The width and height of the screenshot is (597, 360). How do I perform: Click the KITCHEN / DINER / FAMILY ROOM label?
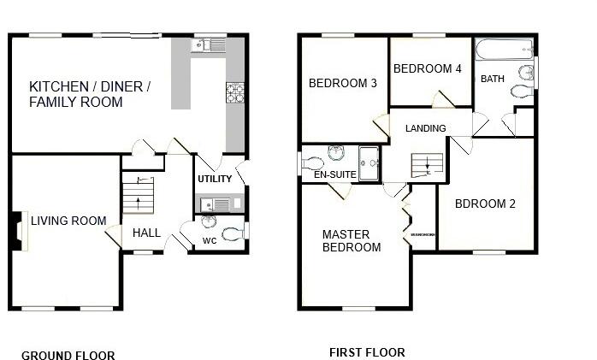90,94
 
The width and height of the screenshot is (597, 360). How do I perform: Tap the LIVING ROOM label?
68,221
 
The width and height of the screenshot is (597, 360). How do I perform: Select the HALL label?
146,233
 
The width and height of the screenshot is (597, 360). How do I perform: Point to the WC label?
210,241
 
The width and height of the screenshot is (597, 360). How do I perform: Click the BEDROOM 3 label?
343,84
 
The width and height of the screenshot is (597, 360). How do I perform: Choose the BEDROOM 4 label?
428,68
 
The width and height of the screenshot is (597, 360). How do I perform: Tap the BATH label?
493,80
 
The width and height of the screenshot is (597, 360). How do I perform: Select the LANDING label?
426,129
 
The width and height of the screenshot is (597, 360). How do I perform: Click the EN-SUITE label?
334,175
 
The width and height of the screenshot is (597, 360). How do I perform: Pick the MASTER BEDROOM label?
351,241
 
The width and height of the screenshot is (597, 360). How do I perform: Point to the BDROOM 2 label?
485,204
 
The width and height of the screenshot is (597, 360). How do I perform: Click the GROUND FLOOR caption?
68,356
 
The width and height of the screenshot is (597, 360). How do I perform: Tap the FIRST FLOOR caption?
367,352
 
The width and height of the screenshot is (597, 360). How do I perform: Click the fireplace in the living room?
19,232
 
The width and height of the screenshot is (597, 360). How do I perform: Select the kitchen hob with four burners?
234,91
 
